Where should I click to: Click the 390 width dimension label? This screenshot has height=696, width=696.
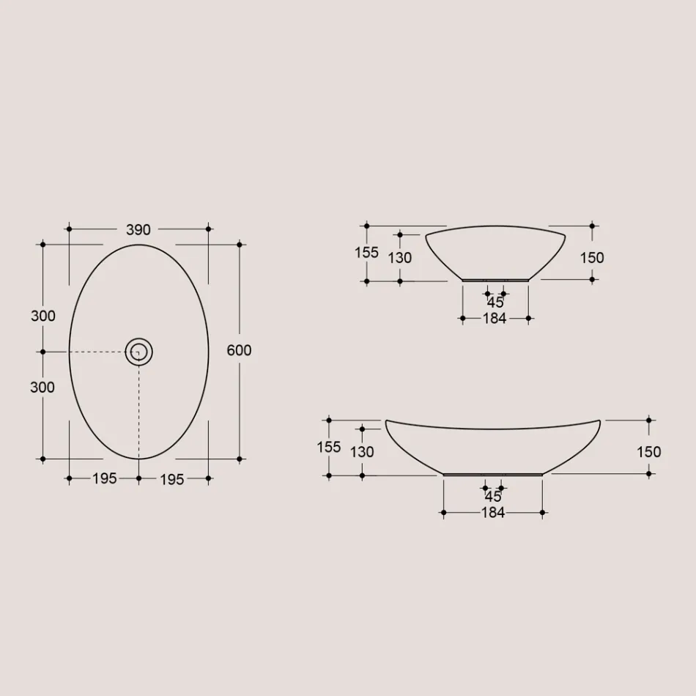tap(138, 229)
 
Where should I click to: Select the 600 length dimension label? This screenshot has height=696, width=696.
tap(239, 350)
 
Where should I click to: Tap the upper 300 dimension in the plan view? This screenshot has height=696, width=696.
tap(42, 316)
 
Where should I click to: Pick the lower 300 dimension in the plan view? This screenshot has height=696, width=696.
tap(42, 387)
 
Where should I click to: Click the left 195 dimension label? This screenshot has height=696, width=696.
tap(104, 478)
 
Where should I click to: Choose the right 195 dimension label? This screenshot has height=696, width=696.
tap(172, 478)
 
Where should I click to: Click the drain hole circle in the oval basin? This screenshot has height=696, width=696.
tap(138, 352)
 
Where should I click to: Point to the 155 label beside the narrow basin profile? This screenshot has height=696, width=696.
tap(366, 253)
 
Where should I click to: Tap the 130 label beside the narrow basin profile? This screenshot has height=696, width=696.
tap(400, 258)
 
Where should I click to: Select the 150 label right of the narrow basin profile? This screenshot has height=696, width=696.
tap(592, 257)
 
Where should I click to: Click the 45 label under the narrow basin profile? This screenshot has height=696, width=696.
tap(495, 302)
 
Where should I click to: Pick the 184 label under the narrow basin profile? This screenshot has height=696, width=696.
tap(495, 319)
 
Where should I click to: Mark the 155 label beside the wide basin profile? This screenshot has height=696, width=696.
tap(329, 447)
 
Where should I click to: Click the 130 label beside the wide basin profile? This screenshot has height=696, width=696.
tap(362, 452)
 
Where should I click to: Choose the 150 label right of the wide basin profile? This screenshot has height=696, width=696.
tap(649, 452)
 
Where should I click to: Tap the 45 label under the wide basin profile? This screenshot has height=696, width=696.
tap(493, 496)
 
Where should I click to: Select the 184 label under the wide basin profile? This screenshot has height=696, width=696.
tap(493, 513)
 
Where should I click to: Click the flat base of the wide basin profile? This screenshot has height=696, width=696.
tap(493, 475)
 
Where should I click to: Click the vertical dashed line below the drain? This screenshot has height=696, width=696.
tap(138, 410)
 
